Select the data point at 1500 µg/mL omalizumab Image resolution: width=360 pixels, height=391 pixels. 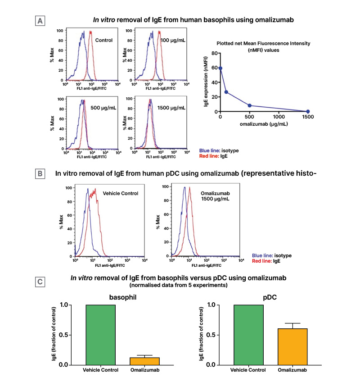(308, 111)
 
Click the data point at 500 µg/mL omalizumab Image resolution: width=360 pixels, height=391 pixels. (249, 105)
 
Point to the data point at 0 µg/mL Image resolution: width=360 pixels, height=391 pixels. (220, 68)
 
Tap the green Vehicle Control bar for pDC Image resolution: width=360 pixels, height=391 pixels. (247, 335)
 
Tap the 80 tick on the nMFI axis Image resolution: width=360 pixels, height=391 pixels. (215, 53)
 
